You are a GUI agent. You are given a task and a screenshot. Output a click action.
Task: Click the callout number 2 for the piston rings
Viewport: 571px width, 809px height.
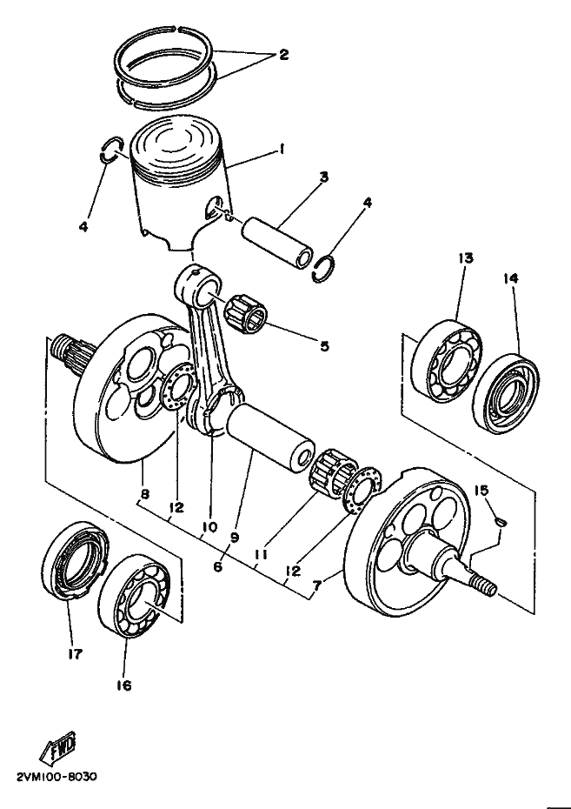click(283, 54)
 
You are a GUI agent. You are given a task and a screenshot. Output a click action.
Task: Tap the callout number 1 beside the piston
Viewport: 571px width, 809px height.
click(282, 149)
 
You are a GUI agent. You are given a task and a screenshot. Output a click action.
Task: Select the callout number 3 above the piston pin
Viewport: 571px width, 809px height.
click(323, 177)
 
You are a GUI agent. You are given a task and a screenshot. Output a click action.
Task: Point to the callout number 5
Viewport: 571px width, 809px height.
click(324, 345)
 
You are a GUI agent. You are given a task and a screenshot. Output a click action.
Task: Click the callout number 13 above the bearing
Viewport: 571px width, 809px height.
click(465, 257)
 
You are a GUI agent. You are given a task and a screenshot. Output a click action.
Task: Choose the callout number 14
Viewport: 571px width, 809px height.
click(511, 278)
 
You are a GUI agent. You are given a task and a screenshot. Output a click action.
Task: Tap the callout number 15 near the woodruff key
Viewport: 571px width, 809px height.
click(481, 490)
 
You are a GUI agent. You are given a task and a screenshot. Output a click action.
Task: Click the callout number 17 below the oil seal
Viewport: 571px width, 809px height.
click(75, 654)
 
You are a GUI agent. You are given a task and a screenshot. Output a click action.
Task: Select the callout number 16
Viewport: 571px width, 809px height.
click(124, 685)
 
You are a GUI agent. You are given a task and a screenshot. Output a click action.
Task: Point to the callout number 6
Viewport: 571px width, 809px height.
click(217, 566)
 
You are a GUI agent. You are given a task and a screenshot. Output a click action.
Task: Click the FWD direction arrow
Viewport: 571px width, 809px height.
click(57, 746)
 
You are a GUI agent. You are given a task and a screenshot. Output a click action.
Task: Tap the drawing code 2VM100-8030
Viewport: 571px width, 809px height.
click(56, 777)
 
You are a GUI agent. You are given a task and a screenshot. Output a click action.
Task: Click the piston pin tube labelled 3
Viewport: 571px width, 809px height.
click(278, 243)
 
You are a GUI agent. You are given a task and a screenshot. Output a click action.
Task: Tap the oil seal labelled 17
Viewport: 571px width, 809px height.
click(76, 560)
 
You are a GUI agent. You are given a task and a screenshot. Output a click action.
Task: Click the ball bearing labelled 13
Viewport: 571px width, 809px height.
click(447, 361)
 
